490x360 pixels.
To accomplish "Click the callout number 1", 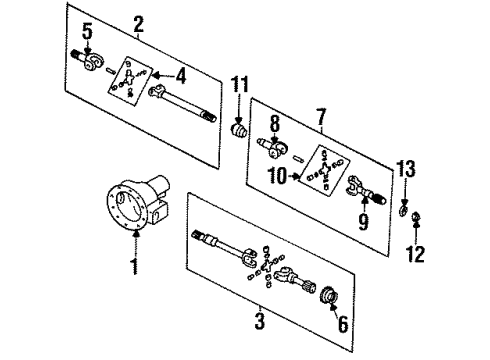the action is tap(135, 266).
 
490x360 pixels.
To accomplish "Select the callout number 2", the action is tap(139, 24).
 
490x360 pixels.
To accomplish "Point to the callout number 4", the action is tap(180, 76).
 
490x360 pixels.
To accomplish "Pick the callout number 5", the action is tap(87, 32).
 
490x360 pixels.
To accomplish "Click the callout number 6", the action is tap(343, 323).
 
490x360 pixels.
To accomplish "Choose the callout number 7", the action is tap(321, 116).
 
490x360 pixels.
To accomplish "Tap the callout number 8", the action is tap(275, 124).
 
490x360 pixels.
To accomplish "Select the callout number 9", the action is tap(363, 221).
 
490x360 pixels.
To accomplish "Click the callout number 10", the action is tap(278, 176).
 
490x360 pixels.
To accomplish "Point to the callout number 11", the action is tap(240, 85).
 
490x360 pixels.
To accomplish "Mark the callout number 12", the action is tap(415, 254).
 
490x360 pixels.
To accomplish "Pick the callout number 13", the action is tap(406, 169).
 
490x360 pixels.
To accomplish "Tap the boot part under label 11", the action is tap(238, 132).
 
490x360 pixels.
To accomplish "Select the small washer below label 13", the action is tap(404, 211).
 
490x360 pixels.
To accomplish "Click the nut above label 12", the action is tap(416, 217).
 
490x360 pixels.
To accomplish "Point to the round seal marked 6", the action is tap(327, 295).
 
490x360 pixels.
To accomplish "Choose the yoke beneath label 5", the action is tap(87, 60).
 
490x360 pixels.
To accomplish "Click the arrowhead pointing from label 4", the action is tap(156, 76).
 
